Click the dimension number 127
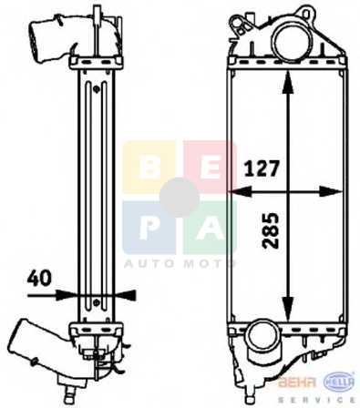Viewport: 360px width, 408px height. pos(262,168)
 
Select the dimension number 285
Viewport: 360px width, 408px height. pos(271,230)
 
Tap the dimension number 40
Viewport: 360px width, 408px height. pos(39,278)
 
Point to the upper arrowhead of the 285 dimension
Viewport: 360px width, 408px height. pos(288,82)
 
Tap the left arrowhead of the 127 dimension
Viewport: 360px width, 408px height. pos(240,192)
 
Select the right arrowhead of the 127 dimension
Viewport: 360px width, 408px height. pos(331,192)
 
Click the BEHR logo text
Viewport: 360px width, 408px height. pos(299,382)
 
